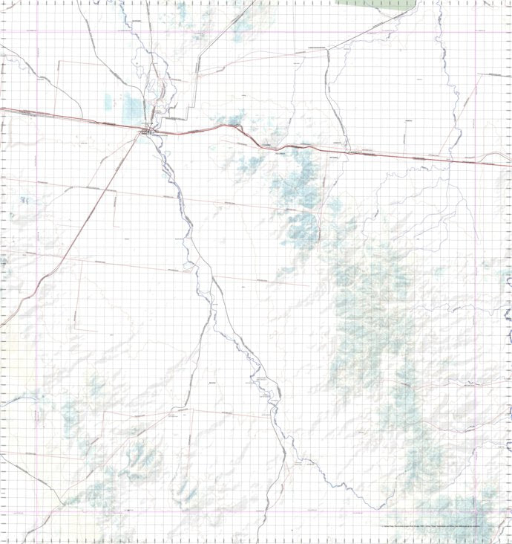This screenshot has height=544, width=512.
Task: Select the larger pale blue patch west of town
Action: pos(134,109)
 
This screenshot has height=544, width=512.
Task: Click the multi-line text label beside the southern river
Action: pos(264,386)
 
